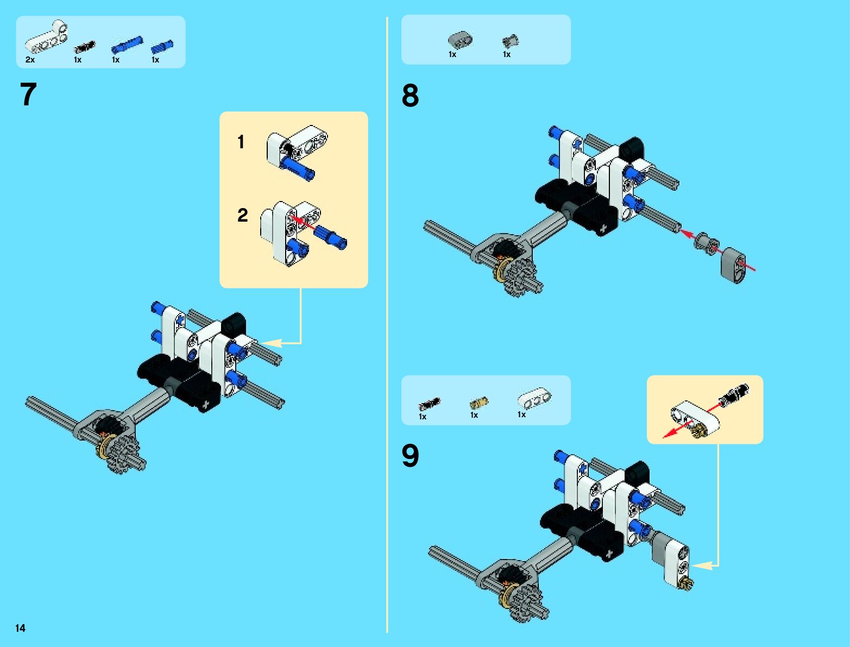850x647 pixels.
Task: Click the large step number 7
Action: [28, 95]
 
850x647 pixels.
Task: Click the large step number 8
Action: [410, 96]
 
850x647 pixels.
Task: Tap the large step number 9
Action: [410, 456]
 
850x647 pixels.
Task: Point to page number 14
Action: [20, 628]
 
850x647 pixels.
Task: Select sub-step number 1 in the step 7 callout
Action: [241, 142]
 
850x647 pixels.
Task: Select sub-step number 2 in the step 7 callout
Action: [242, 215]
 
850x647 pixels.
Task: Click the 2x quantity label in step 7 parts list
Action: [30, 60]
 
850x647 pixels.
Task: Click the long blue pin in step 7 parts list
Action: [127, 43]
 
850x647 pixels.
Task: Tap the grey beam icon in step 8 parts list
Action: [459, 40]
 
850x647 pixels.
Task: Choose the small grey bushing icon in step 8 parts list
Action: [510, 41]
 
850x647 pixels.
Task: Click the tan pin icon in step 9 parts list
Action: [478, 403]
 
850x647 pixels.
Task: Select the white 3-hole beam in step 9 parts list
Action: [534, 398]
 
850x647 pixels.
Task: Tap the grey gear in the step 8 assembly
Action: [519, 277]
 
